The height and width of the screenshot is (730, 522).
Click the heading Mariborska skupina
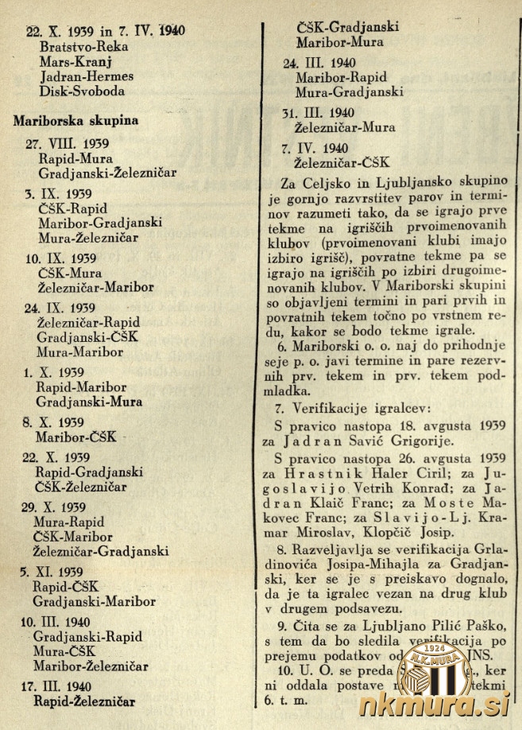click(75, 121)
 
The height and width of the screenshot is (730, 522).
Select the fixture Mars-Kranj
click(73, 62)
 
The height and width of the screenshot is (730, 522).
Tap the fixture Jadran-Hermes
click(85, 76)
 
